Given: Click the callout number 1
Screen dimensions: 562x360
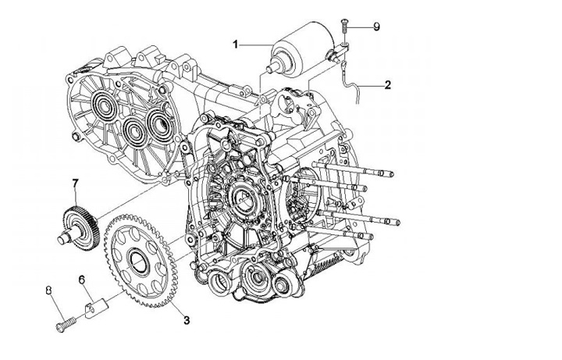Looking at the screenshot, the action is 235,45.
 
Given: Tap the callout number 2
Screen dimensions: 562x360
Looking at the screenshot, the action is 387,85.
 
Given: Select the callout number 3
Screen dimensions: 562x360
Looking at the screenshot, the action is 187,320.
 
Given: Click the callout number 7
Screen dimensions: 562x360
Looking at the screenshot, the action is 75,184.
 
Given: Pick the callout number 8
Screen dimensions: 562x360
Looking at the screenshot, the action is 49,290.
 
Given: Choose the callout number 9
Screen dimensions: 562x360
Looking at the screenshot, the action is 376,27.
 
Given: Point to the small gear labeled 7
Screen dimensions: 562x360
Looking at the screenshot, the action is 80,224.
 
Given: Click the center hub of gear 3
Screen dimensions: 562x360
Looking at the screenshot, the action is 139,261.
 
